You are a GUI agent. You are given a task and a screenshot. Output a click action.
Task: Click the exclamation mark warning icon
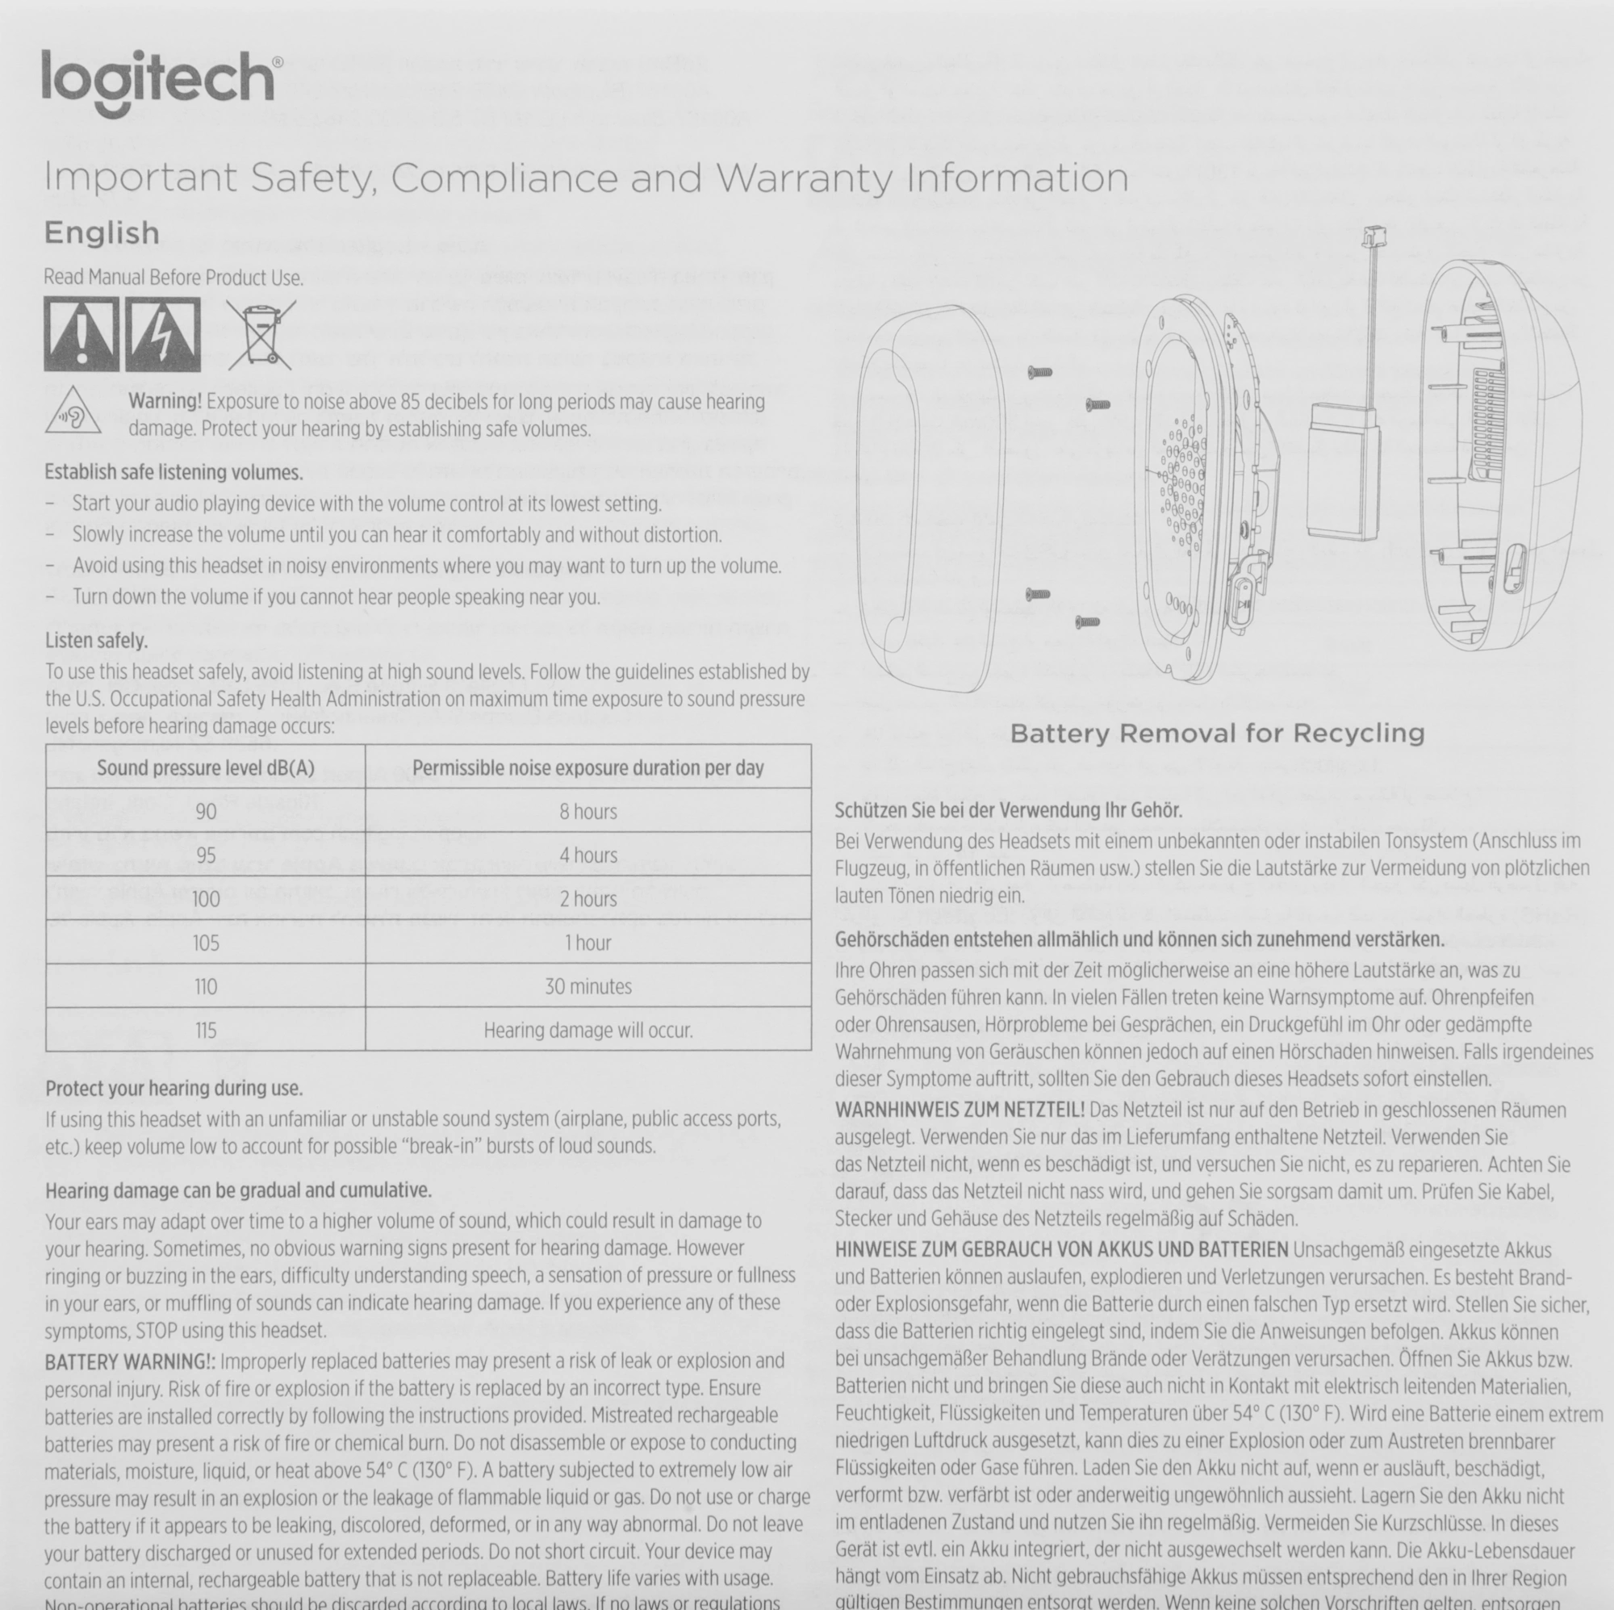tap(81, 334)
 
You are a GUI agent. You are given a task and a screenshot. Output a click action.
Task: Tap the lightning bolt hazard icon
tap(163, 334)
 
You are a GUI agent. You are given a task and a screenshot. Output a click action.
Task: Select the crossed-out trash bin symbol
tap(261, 334)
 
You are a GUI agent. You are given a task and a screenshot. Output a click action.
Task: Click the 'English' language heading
tap(102, 233)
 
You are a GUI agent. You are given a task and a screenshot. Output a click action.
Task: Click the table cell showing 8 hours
tap(588, 811)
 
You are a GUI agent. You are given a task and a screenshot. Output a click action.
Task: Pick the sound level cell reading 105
tap(206, 943)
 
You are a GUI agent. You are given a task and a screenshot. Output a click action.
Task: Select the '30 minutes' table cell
tap(588, 987)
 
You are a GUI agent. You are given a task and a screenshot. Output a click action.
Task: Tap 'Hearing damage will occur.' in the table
tap(588, 1031)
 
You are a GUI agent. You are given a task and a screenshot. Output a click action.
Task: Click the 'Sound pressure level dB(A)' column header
tap(206, 767)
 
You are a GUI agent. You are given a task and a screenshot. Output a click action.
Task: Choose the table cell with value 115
tap(206, 1031)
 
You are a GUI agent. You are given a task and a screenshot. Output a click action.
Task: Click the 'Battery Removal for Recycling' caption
tap(1217, 734)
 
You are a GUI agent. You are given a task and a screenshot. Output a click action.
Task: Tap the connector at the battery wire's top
tap(1373, 236)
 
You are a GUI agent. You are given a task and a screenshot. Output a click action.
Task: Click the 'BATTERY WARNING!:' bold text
tap(130, 1361)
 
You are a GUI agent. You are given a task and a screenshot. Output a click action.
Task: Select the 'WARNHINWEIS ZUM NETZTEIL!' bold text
tap(960, 1110)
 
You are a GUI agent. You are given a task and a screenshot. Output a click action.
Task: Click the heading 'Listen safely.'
tap(97, 641)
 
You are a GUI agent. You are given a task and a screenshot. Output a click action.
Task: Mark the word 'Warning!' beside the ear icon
tap(165, 402)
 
